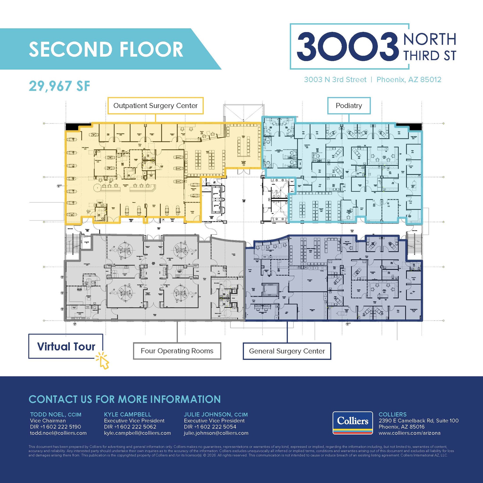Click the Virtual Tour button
pyautogui.click(x=66, y=346)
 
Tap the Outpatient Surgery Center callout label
pyautogui.click(x=155, y=106)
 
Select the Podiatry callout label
pyautogui.click(x=349, y=106)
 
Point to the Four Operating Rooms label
pyautogui.click(x=177, y=351)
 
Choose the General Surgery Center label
pyautogui.click(x=287, y=351)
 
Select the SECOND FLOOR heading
pyautogui.click(x=106, y=49)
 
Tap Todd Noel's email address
pyautogui.click(x=58, y=433)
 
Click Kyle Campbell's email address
pyautogui.click(x=137, y=433)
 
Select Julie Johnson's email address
pyautogui.click(x=216, y=433)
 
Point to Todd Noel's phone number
pyautogui.click(x=55, y=427)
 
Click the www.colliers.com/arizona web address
pyautogui.click(x=409, y=433)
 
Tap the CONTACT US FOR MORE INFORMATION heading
pyautogui.click(x=125, y=399)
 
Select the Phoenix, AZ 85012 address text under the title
pyautogui.click(x=409, y=80)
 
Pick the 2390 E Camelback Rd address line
pyautogui.click(x=419, y=421)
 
